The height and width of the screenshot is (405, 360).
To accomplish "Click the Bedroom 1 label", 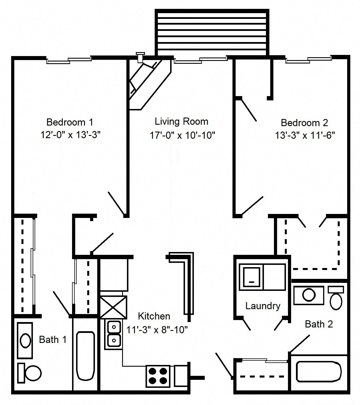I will pyautogui.click(x=69, y=122).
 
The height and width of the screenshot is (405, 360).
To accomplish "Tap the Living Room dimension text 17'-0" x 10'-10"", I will pyautogui.click(x=182, y=135).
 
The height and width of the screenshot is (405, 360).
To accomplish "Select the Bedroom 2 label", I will pyautogui.click(x=304, y=123).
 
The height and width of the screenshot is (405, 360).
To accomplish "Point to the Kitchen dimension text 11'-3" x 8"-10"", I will pyautogui.click(x=157, y=330).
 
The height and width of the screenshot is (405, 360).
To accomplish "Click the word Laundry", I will pyautogui.click(x=262, y=306).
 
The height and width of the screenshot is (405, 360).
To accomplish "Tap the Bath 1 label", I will pyautogui.click(x=53, y=340).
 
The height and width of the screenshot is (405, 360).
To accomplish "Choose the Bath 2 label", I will pyautogui.click(x=319, y=324).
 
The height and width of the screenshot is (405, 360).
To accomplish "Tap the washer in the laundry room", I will pyautogui.click(x=251, y=277).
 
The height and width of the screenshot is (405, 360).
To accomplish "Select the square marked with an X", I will pyautogui.click(x=113, y=307).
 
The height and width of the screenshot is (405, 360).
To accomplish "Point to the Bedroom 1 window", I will pyautogui.click(x=69, y=60).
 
